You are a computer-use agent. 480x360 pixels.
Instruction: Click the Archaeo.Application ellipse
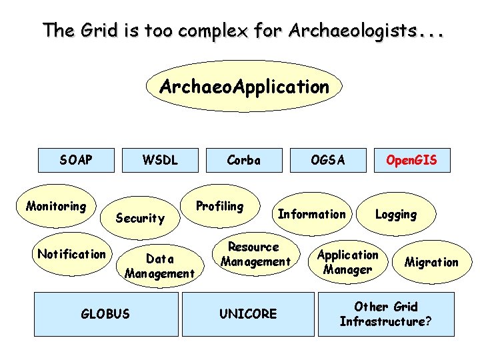[x=244, y=87]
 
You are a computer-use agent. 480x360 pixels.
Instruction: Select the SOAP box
[x=76, y=160]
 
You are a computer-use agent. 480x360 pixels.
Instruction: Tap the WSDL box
[x=161, y=160]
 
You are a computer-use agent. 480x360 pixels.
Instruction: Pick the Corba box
[x=243, y=160]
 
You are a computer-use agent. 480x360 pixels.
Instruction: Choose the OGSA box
[x=328, y=160]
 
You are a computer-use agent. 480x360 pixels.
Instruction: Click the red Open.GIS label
[x=412, y=160]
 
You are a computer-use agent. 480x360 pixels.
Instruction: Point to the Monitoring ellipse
[x=56, y=207]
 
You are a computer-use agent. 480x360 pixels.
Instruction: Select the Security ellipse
[x=140, y=218]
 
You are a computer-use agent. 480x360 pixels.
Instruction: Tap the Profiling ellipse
[x=219, y=206]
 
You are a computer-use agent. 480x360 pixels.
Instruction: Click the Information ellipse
[x=312, y=214]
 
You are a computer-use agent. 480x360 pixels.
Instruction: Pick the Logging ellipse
[x=396, y=214]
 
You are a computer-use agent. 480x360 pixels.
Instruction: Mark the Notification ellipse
[x=71, y=254]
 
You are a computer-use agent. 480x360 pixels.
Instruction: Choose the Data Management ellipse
[x=159, y=266]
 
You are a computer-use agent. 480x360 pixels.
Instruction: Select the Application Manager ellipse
[x=347, y=262]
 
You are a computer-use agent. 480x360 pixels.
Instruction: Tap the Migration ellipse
[x=431, y=262]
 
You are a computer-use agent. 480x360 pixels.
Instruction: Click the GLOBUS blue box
[x=105, y=313]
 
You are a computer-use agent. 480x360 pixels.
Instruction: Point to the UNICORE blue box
[x=248, y=313]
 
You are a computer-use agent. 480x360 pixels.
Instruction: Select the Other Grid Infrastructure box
[x=386, y=314]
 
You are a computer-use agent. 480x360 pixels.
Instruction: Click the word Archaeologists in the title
[x=345, y=30]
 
